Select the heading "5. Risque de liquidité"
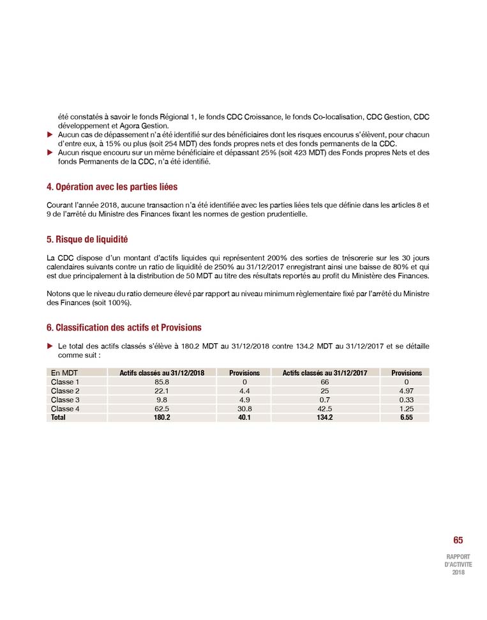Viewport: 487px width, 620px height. point(87,240)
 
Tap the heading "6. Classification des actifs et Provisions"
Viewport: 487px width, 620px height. point(124,327)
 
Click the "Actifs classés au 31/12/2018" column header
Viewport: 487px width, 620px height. point(161,373)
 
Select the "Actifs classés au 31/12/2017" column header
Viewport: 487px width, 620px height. point(325,373)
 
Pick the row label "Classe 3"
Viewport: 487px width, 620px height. point(65,399)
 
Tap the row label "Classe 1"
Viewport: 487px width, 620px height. point(65,382)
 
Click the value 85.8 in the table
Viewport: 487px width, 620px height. point(161,382)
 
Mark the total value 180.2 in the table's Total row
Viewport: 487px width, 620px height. point(161,417)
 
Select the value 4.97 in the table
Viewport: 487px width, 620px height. point(406,391)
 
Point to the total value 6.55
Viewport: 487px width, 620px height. point(406,417)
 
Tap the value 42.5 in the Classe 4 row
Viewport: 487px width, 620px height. point(325,408)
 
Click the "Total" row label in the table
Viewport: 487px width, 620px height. point(58,417)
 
